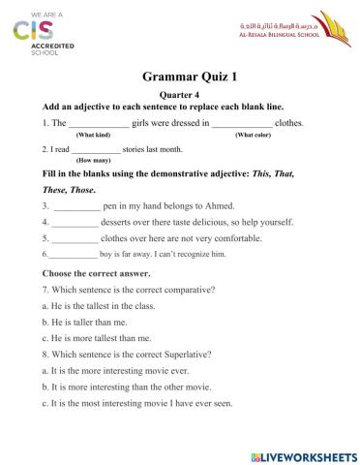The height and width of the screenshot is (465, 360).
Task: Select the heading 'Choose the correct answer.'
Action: [94, 273]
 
